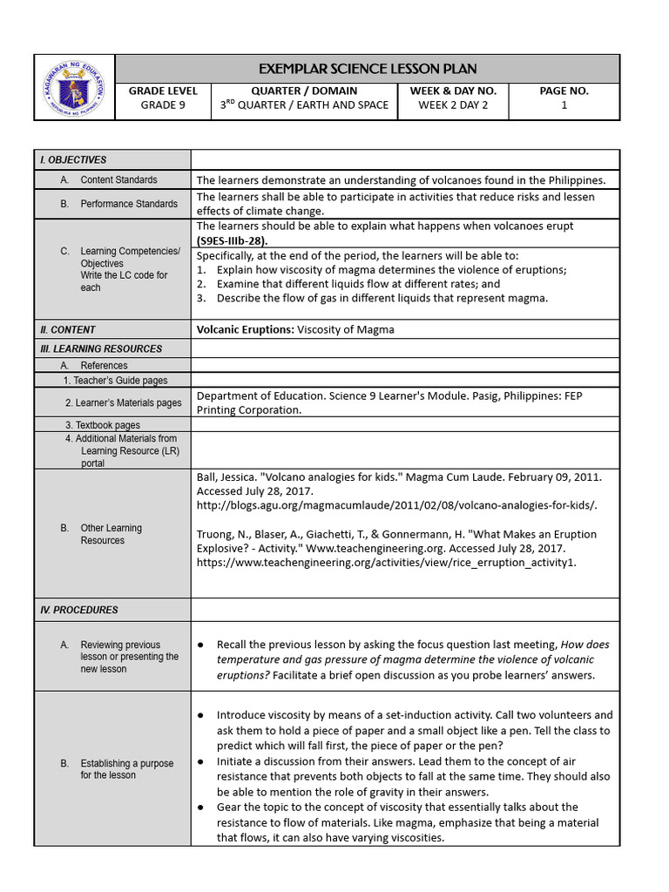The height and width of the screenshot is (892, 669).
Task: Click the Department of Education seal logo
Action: [74, 87]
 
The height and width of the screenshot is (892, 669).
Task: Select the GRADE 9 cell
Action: [163, 105]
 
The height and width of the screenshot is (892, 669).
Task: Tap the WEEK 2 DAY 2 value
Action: [453, 105]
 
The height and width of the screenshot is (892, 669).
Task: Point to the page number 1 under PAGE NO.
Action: [564, 105]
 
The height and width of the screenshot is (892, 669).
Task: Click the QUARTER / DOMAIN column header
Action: [304, 91]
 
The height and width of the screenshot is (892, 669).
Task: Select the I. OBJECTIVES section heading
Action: [73, 160]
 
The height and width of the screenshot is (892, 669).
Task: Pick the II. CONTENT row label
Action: [68, 330]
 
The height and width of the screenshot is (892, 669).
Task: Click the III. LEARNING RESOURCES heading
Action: [101, 349]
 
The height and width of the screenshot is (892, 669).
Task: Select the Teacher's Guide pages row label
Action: [115, 381]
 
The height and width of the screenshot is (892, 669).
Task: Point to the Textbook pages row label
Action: [102, 425]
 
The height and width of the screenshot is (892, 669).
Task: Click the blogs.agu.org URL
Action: [397, 505]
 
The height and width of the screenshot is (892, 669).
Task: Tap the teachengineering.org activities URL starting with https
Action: [386, 563]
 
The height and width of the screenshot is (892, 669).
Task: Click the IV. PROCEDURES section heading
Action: [79, 611]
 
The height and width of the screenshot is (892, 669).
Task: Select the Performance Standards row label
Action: [129, 204]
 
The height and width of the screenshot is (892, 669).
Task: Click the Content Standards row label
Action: [118, 180]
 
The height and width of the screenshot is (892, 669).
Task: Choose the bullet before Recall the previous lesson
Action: [201, 645]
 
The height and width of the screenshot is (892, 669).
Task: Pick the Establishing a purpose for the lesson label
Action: [127, 769]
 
